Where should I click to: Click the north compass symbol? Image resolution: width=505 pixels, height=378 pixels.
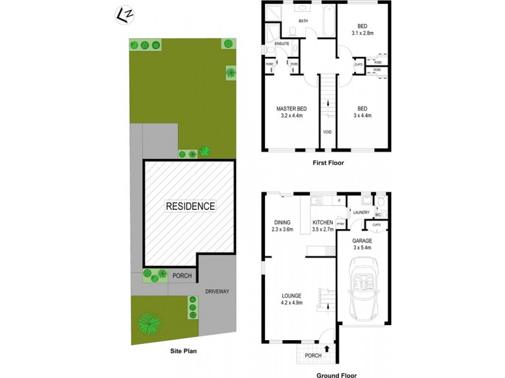pyautogui.click(x=124, y=13)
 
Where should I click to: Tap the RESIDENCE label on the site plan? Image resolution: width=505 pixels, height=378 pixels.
pyautogui.click(x=190, y=206)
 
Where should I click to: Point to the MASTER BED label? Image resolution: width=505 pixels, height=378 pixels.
pyautogui.click(x=292, y=108)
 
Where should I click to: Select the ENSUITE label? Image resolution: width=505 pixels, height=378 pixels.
pyautogui.click(x=282, y=43)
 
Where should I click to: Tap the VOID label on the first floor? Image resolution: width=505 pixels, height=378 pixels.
pyautogui.click(x=328, y=132)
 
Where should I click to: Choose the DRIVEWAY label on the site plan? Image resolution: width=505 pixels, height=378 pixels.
pyautogui.click(x=217, y=291)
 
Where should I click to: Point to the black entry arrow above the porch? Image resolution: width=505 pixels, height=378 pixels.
pyautogui.click(x=326, y=346)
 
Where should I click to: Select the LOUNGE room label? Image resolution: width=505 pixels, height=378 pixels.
pyautogui.click(x=292, y=295)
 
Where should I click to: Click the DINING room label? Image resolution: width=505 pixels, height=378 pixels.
pyautogui.click(x=282, y=222)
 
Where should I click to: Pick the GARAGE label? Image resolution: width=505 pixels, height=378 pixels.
pyautogui.click(x=362, y=240)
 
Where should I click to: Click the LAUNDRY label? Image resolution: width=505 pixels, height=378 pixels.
pyautogui.click(x=361, y=213)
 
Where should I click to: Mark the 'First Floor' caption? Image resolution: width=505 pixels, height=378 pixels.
pyautogui.click(x=328, y=163)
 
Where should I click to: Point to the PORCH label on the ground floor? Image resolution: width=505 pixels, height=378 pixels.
pyautogui.click(x=312, y=355)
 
